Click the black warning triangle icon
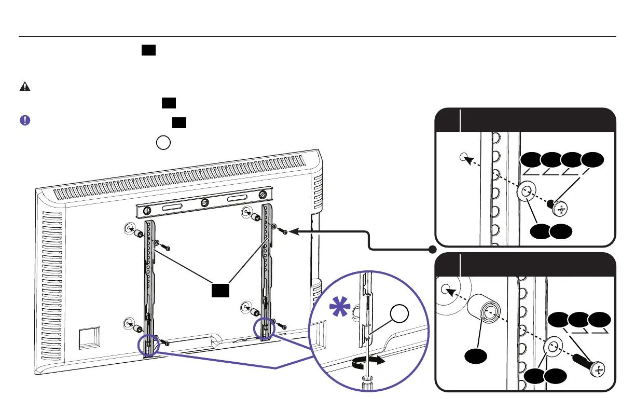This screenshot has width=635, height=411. [x=24, y=87]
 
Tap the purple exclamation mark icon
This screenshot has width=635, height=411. [x=24, y=120]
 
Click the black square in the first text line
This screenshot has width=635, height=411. [x=148, y=50]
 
